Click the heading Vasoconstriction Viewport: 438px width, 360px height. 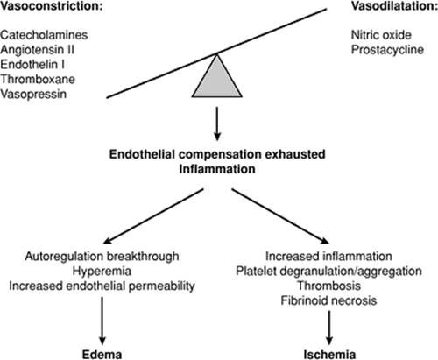point(52,6)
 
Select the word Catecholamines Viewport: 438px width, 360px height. point(44,35)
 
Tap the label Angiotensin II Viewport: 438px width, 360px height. point(37,50)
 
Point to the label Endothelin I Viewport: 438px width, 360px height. point(32,65)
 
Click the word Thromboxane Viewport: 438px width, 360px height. point(38,80)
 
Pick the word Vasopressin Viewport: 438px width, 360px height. point(33,95)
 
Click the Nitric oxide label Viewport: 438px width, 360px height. point(381,35)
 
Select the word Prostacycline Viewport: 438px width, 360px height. point(387,50)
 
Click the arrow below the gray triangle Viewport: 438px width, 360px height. point(217,124)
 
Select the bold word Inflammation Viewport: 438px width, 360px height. point(217,169)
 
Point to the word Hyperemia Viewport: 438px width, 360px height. point(102,272)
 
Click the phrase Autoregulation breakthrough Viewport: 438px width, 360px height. point(102,257)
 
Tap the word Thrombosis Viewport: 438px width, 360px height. point(328,286)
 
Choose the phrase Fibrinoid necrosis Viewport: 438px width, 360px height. point(328,300)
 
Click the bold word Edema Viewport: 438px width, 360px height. point(102,355)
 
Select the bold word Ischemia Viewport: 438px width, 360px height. point(329,355)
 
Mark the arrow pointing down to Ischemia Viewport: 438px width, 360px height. point(329,328)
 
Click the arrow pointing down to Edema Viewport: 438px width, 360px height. point(102,321)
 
